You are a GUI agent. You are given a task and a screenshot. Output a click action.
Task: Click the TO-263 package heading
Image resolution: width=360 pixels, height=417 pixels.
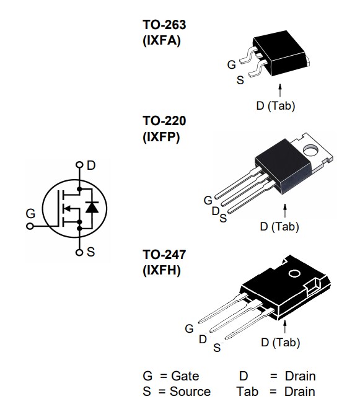tap(164, 25)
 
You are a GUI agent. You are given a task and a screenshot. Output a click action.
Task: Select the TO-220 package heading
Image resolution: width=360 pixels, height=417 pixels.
tap(164, 121)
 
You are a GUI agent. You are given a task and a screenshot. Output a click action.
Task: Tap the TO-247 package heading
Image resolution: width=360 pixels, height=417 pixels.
tap(164, 255)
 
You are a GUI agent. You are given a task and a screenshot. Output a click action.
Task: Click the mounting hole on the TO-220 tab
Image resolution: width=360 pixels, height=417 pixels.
tap(311, 148)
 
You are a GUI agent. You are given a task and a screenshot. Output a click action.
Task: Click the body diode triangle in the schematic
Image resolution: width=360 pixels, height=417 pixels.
tap(92, 208)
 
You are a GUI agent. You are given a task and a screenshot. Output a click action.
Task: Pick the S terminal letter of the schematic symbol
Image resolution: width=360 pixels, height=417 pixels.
tap(91, 252)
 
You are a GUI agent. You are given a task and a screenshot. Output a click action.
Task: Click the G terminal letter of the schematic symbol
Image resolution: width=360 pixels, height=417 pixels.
tap(30, 214)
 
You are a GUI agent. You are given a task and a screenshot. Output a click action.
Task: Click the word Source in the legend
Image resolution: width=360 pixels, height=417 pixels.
tap(190, 392)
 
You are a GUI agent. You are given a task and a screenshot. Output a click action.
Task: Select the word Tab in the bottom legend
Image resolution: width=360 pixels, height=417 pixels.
tap(247, 392)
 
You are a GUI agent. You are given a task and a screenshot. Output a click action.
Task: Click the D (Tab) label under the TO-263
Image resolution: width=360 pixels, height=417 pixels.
tap(275, 106)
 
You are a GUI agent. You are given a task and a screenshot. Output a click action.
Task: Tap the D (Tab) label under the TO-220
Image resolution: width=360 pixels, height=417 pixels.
tap(279, 227)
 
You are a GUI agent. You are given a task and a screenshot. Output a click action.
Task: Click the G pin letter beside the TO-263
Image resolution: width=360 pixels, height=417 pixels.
tap(231, 64)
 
